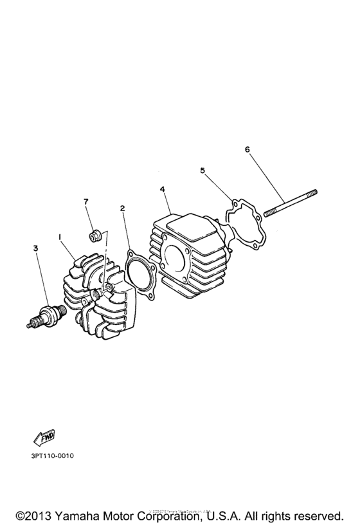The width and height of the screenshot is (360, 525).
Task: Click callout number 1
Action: click(x=60, y=237)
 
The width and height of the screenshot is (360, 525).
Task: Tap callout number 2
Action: click(x=122, y=208)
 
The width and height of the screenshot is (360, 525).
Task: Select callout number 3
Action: click(x=36, y=247)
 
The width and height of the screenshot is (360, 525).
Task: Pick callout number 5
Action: click(x=203, y=170)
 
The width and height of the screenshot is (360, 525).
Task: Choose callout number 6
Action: click(x=248, y=149)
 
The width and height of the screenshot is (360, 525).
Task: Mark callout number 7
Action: click(x=85, y=201)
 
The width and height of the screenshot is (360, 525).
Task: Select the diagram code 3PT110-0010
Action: click(x=52, y=456)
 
